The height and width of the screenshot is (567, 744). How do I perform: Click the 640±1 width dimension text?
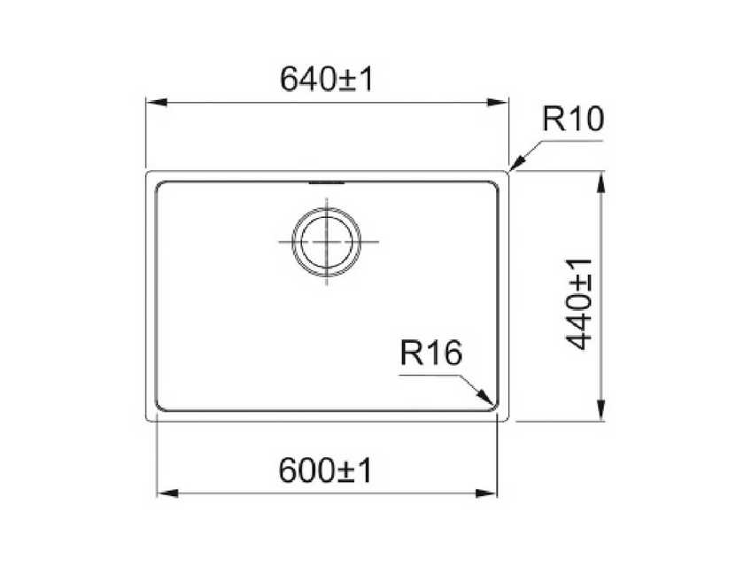click(x=327, y=79)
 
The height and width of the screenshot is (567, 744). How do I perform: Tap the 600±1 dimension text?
click(x=326, y=470)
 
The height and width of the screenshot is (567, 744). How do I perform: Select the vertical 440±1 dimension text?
click(x=579, y=304)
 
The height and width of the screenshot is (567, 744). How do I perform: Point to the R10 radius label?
click(x=573, y=119)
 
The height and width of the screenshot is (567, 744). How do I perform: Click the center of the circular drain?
click(x=327, y=242)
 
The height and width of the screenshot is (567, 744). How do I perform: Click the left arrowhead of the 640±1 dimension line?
click(x=156, y=102)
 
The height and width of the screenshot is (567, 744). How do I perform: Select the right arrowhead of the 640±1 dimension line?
click(x=498, y=102)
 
